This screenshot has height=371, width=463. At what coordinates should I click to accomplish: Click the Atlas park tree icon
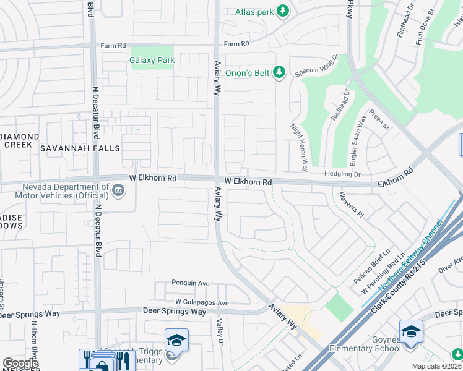pyautogui.click(x=283, y=11)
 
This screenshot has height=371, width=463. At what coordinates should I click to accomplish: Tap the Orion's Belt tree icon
pyautogui.click(x=279, y=73)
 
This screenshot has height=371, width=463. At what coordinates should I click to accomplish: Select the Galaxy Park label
pyautogui.click(x=152, y=61)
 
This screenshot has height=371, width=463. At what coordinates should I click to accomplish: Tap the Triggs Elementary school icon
pyautogui.click(x=176, y=340)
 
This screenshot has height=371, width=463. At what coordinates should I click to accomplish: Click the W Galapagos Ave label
pyautogui.click(x=202, y=303)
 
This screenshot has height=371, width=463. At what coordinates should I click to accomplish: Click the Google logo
pyautogui.click(x=20, y=364)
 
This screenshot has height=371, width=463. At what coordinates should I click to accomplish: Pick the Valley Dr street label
pyautogui.click(x=220, y=330)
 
